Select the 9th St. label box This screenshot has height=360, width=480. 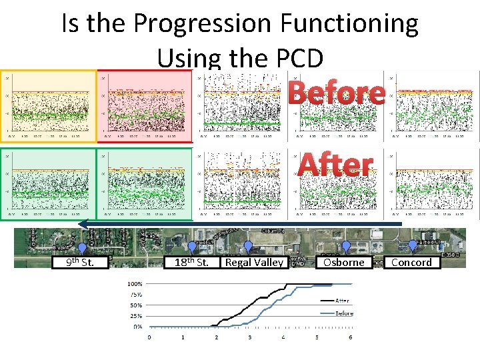(81, 262)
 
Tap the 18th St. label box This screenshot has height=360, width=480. (191, 262)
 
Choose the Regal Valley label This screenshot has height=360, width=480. (254, 262)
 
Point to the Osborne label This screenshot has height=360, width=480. (343, 262)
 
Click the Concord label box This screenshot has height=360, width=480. (411, 262)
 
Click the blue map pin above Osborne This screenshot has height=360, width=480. (346, 247)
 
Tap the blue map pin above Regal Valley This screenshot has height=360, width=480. (248, 247)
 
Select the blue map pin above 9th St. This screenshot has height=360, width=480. (82, 249)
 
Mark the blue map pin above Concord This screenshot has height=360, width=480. (413, 246)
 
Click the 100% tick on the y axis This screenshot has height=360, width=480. (134, 283)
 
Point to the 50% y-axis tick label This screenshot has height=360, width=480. (135, 305)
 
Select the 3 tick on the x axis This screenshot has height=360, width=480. (250, 337)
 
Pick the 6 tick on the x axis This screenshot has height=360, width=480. (351, 337)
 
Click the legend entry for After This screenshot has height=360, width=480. (341, 301)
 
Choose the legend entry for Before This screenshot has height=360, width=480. (343, 313)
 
